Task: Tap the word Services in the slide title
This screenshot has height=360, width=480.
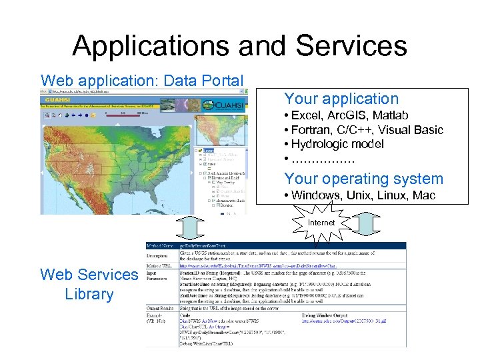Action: pyautogui.click(x=351, y=45)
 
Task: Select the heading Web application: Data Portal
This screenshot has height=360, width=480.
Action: pyautogui.click(x=141, y=81)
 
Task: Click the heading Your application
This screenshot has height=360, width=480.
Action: pyautogui.click(x=341, y=99)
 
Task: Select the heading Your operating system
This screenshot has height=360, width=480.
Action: pyautogui.click(x=363, y=179)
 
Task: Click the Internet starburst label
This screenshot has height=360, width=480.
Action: pyautogui.click(x=321, y=222)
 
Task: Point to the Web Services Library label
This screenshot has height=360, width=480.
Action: pyautogui.click(x=89, y=284)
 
